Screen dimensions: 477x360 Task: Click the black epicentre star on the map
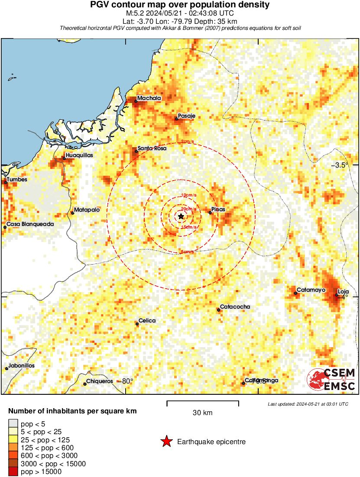pyautogui.click(x=181, y=216)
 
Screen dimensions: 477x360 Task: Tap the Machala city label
pyautogui.click(x=149, y=98)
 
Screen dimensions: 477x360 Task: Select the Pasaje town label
pyautogui.click(x=187, y=116)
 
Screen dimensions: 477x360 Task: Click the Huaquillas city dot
pyautogui.click(x=64, y=158)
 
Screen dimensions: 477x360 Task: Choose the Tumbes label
pyautogui.click(x=17, y=180)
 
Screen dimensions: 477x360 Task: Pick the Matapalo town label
pyautogui.click(x=87, y=210)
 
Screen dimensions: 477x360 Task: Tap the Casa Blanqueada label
pyautogui.click(x=30, y=224)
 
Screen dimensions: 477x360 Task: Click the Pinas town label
pyautogui.click(x=219, y=209)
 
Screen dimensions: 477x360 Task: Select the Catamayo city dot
pyautogui.click(x=295, y=293)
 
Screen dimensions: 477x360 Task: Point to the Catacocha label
pyautogui.click(x=235, y=307)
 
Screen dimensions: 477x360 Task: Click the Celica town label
pyautogui.click(x=147, y=321)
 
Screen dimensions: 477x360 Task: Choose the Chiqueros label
pyautogui.click(x=99, y=381)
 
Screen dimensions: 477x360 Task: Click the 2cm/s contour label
pyautogui.click(x=187, y=142)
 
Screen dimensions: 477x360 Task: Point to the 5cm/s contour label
pyautogui.click(x=187, y=252)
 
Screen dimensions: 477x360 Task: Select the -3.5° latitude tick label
pyautogui.click(x=340, y=165)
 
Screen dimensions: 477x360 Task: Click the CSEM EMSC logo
pyautogui.click(x=331, y=379)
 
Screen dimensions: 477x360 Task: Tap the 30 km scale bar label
pyautogui.click(x=202, y=413)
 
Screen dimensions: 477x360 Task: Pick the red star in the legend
pyautogui.click(x=166, y=442)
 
